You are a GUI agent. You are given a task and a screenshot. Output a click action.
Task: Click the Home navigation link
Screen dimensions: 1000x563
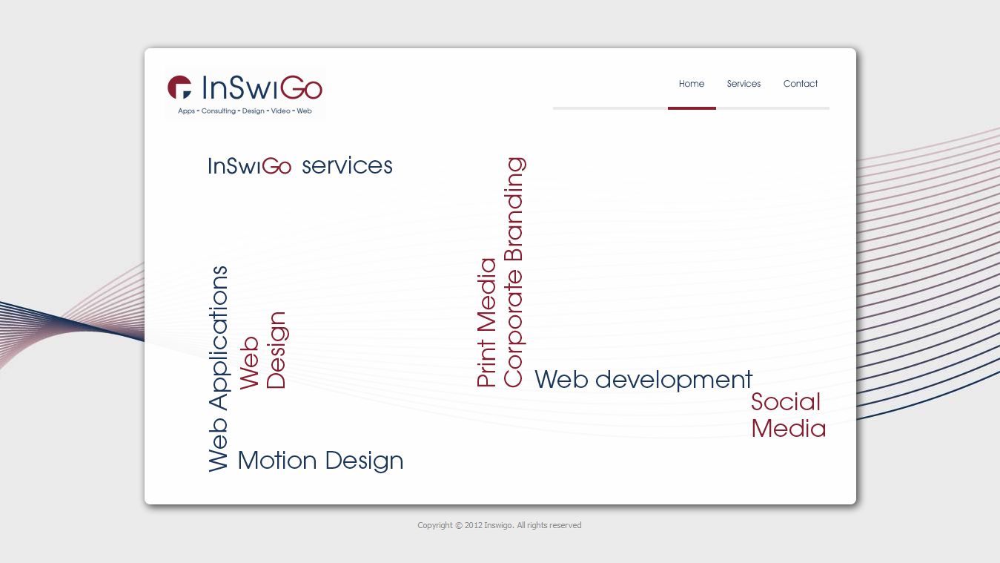[x=692, y=84]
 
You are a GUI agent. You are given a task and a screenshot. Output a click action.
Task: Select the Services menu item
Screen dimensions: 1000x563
[x=744, y=84]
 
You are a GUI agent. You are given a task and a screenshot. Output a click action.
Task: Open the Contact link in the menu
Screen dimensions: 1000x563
[x=801, y=84]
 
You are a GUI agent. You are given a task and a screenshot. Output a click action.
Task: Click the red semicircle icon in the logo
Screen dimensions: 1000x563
[x=179, y=87]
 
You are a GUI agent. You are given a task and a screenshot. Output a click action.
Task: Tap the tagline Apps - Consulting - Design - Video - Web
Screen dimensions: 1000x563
[x=245, y=111]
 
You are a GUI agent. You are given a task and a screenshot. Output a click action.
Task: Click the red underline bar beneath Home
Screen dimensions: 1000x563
[x=692, y=108]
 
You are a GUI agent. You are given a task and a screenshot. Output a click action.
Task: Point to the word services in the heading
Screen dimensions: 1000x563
[x=347, y=165]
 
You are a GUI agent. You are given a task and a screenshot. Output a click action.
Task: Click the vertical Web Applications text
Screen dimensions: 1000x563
[x=218, y=369]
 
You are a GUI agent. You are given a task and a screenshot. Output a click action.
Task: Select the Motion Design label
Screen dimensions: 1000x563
[x=320, y=461]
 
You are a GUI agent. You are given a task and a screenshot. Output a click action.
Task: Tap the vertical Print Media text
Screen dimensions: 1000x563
[x=486, y=322]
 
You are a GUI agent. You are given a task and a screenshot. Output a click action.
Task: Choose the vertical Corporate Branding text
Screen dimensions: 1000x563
[x=514, y=272]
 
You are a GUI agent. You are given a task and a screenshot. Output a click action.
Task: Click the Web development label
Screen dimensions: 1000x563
[x=643, y=379]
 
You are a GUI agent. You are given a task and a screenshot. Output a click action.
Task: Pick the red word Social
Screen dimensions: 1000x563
[x=785, y=402]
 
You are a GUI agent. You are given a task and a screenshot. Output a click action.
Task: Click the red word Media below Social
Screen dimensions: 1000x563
[x=789, y=429]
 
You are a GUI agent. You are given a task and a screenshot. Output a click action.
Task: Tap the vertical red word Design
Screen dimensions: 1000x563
[x=277, y=350]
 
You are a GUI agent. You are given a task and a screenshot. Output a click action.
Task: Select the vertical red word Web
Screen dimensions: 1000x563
[x=249, y=363]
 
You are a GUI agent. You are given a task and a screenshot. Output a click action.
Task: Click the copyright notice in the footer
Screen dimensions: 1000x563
[x=499, y=525]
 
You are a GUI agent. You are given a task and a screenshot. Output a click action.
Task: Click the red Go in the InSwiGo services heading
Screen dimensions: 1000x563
[x=277, y=166]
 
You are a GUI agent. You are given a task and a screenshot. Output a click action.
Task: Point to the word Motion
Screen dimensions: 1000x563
[x=277, y=460]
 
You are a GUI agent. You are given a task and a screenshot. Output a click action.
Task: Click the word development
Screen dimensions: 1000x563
[x=674, y=380]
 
